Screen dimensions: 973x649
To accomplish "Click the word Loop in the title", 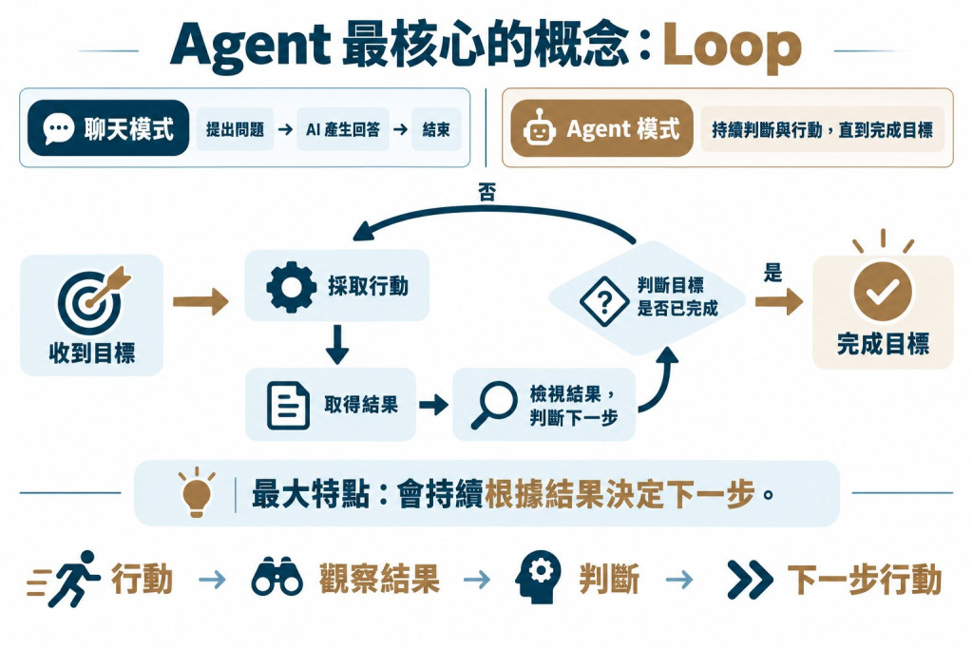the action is click(x=732, y=48).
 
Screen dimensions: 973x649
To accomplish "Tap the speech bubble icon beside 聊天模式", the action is click(x=59, y=128).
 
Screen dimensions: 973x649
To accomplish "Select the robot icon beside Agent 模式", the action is click(x=539, y=128).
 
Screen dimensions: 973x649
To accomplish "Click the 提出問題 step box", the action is click(x=236, y=129).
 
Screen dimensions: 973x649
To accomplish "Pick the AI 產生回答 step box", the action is click(x=342, y=129).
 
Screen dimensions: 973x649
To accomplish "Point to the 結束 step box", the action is click(x=435, y=129).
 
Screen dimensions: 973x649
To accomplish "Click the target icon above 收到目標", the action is click(x=94, y=300).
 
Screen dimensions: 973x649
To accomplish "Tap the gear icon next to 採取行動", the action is click(x=291, y=287).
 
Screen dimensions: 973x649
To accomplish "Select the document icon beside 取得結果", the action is click(x=288, y=406).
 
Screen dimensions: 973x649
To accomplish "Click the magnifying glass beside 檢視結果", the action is click(x=493, y=405).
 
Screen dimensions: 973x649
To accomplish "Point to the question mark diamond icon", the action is click(x=603, y=301).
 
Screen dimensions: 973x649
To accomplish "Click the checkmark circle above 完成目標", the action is click(x=883, y=292).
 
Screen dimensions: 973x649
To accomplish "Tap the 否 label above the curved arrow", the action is click(x=487, y=192).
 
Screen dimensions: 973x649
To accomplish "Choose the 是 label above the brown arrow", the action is click(x=773, y=272).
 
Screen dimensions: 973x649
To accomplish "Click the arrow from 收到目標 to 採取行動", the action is click(x=200, y=301).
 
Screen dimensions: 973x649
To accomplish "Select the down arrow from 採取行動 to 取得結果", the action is click(x=337, y=344).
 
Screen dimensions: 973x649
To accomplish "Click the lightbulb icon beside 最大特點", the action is click(x=197, y=491).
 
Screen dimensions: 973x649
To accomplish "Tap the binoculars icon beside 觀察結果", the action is click(x=277, y=578).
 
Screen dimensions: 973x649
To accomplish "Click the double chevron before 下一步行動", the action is click(x=750, y=580).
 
